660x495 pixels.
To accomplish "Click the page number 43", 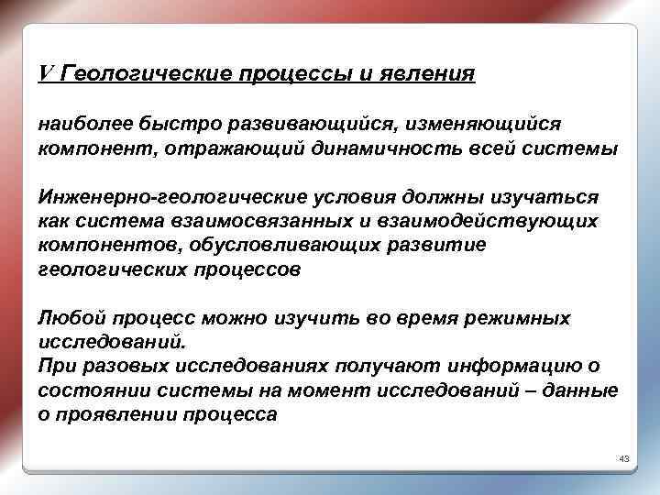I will point(625,456).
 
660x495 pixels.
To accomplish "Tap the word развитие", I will point(444,247).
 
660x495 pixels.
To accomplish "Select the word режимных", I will point(522,318).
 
